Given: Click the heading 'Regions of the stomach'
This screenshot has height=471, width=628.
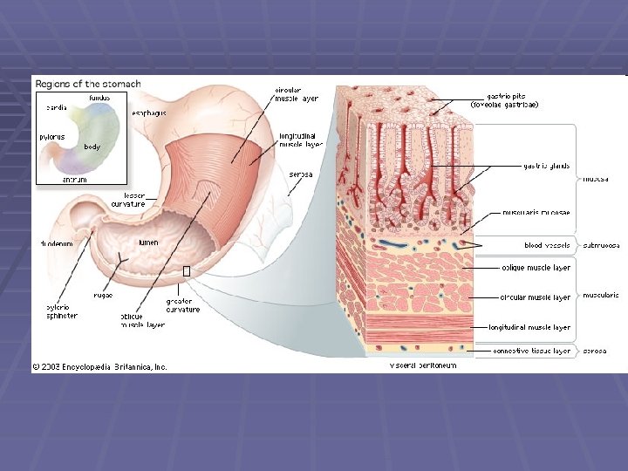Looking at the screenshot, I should tap(87, 84).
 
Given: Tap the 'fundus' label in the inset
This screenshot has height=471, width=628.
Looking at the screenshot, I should tap(99, 98).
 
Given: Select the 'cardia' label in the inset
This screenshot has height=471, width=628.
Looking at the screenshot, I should tap(57, 107).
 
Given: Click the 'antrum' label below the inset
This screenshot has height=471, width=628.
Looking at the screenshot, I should tap(75, 180).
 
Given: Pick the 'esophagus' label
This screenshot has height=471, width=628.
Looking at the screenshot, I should tap(149, 113).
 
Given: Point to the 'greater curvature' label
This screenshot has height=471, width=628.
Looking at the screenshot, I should tap(183, 305).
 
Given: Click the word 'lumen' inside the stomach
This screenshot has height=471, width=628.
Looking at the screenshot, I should tap(148, 242).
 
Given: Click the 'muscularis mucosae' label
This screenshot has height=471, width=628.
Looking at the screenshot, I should tap(536, 212).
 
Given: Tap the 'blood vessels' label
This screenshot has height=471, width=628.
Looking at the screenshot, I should tap(547, 245).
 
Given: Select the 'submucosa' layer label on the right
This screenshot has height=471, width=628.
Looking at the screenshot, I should tap(601, 245).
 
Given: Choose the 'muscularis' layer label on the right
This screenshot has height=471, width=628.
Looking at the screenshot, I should tap(601, 295).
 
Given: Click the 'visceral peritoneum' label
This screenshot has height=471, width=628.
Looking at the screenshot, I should tap(422, 365).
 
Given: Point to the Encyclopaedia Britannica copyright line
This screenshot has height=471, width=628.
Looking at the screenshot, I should tap(100, 366).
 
